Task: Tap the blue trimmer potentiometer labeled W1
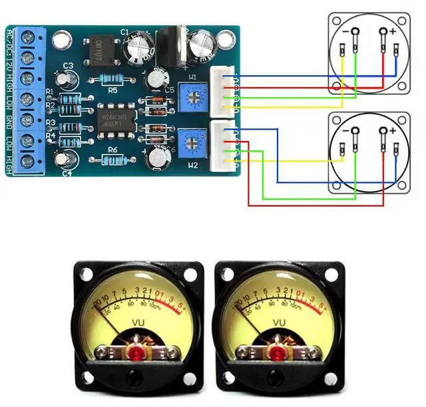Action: coord(194,98)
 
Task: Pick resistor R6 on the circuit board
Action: coord(112,160)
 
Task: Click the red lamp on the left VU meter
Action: coord(138,352)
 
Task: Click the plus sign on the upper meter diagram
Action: coord(393,31)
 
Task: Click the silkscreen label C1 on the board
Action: coord(124,31)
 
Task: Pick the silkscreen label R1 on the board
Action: coord(49,92)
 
